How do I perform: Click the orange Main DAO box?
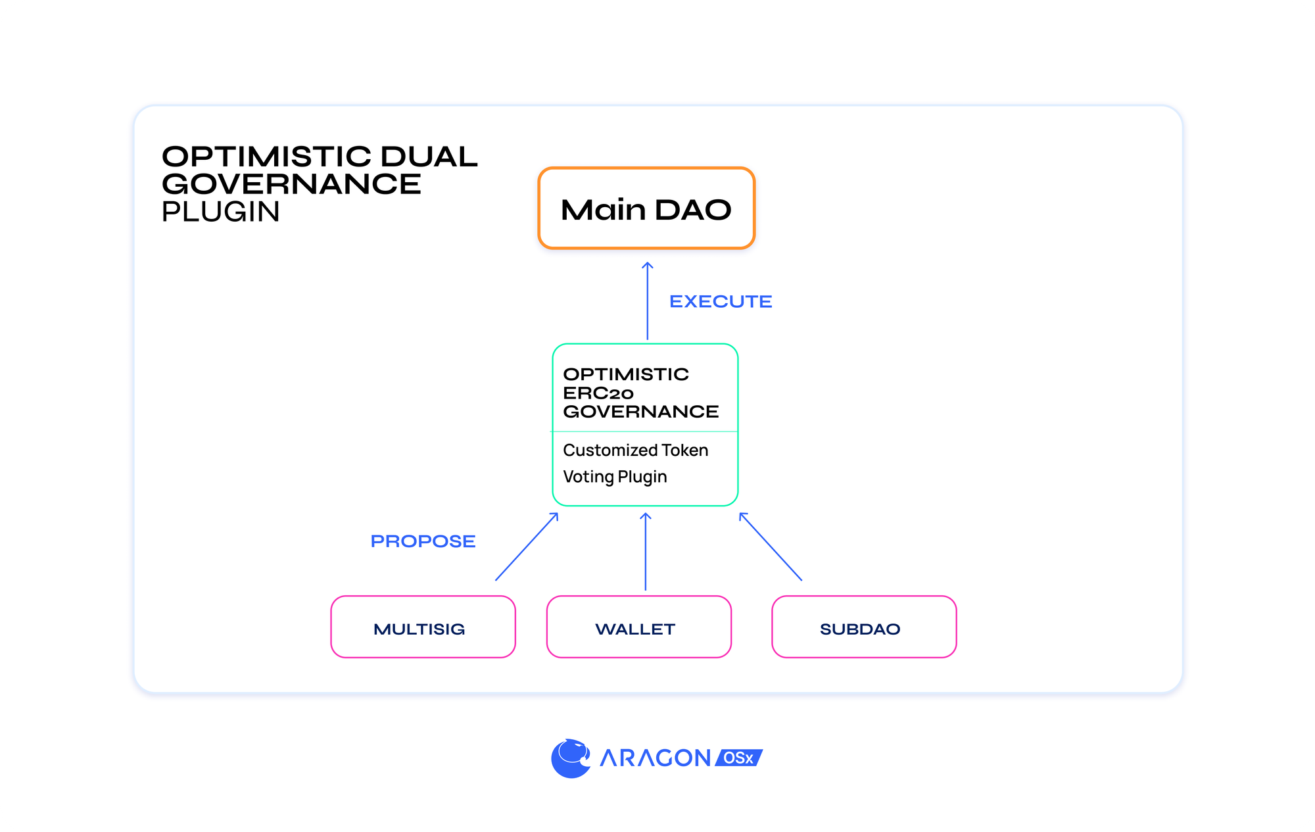click(x=646, y=209)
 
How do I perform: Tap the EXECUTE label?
click(x=721, y=301)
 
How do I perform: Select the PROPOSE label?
click(x=423, y=541)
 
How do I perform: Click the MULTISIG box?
click(x=423, y=627)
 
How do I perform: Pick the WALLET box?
click(x=638, y=627)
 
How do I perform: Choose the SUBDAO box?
click(x=863, y=627)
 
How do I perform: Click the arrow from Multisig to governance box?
click(x=527, y=547)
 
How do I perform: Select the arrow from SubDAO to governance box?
click(x=771, y=547)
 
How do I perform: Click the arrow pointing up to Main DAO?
click(x=648, y=301)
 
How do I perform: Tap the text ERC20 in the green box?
click(x=598, y=393)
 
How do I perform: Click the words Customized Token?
click(x=635, y=451)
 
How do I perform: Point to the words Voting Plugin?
click(x=615, y=477)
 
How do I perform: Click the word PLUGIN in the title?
click(x=221, y=212)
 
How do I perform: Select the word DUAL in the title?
click(x=429, y=157)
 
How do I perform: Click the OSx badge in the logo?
click(x=739, y=758)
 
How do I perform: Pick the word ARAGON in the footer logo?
click(x=655, y=758)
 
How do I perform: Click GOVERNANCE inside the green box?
click(x=640, y=412)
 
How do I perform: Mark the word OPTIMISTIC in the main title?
click(x=266, y=157)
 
